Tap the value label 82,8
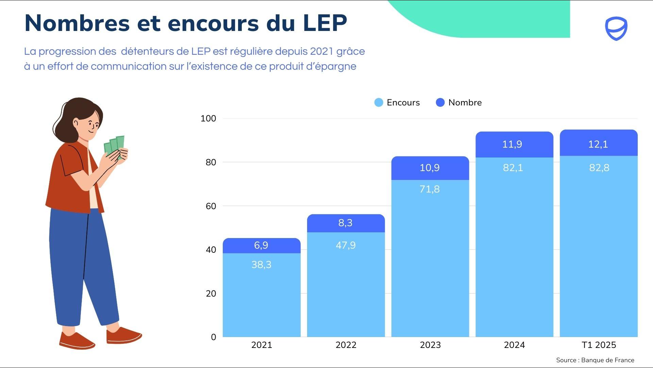click(599, 168)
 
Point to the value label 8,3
click(345, 223)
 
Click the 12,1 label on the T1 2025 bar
click(598, 144)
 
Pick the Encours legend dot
click(379, 102)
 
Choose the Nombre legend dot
click(440, 102)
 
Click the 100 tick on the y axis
click(208, 118)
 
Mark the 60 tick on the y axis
click(211, 206)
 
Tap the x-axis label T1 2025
click(599, 345)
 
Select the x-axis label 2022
click(346, 345)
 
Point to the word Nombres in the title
click(77, 23)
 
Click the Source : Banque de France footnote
click(595, 360)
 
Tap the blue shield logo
click(616, 29)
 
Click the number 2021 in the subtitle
click(322, 51)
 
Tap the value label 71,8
click(429, 189)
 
